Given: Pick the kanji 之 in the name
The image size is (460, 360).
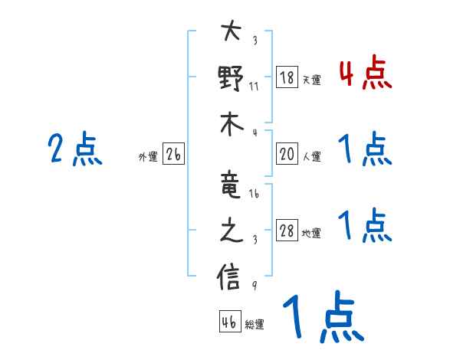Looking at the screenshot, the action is pyautogui.click(x=230, y=231).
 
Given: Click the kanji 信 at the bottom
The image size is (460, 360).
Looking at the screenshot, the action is pyautogui.click(x=230, y=277).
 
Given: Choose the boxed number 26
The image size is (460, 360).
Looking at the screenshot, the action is pyautogui.click(x=173, y=154).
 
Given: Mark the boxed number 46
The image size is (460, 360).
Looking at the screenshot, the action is pyautogui.click(x=228, y=322).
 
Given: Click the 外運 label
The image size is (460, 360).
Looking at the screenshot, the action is pyautogui.click(x=147, y=157).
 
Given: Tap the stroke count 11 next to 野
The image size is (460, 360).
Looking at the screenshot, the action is pyautogui.click(x=254, y=86).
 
